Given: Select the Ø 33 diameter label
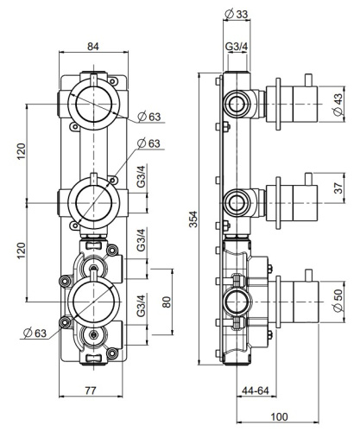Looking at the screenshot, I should (x=237, y=13).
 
